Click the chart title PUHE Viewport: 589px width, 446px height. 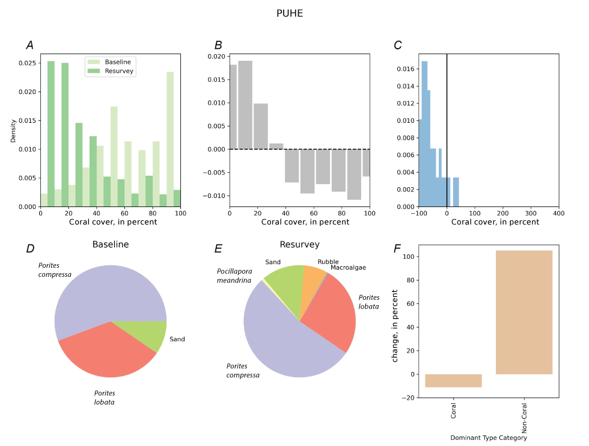coord(289,13)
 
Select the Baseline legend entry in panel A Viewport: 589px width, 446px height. coord(118,62)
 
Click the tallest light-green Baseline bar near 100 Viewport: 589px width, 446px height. coord(170,138)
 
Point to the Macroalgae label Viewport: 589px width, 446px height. coord(348,267)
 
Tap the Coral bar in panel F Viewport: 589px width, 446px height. coord(453,380)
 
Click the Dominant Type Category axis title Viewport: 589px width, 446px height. coord(489,438)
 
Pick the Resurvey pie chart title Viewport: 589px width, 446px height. coord(299,245)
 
